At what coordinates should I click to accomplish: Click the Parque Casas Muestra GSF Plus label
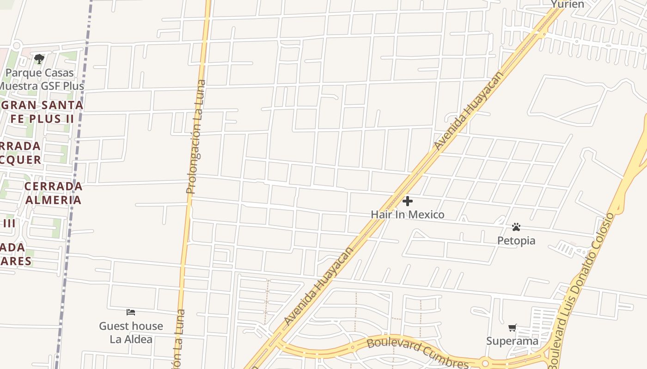41,79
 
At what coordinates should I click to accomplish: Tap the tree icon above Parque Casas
39,59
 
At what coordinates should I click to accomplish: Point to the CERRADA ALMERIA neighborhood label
53,193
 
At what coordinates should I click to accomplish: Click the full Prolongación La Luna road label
197,137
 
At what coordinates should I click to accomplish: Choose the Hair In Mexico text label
408,214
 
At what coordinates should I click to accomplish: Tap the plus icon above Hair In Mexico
408,201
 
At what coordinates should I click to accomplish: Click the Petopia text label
516,240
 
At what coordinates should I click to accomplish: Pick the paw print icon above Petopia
516,227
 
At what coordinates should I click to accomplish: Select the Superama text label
512,341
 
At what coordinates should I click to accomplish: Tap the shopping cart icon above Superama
512,328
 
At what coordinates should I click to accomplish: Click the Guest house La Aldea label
131,333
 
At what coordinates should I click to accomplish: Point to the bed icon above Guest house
131,312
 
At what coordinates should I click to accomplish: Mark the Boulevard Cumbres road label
417,353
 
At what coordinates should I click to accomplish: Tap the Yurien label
568,5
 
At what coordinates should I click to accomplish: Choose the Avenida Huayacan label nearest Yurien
468,111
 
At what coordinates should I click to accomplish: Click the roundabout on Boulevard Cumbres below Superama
485,363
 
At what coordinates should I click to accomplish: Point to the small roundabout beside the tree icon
17,45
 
